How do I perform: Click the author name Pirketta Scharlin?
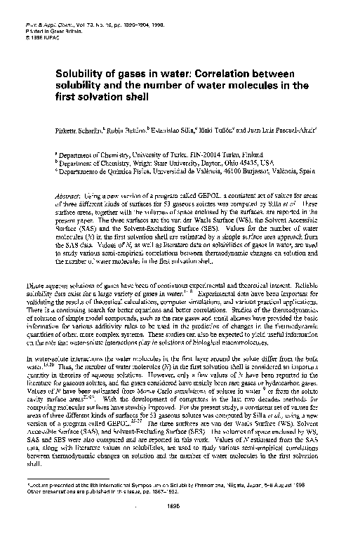pyautogui.click(x=80, y=131)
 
